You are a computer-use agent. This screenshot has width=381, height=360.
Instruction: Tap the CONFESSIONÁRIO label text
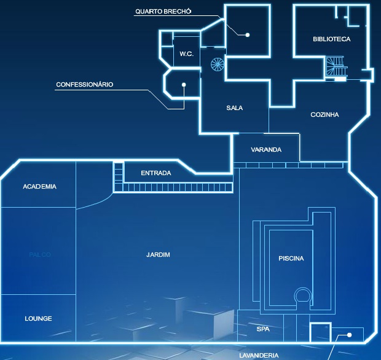point(85,84)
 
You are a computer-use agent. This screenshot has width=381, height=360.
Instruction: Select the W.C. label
point(187,54)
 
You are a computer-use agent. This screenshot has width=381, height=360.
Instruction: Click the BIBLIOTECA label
point(331,39)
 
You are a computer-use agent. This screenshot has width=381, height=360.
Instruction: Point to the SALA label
point(234,108)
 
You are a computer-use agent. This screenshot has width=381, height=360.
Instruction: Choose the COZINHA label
point(324,115)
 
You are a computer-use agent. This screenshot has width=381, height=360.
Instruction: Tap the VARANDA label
point(266,150)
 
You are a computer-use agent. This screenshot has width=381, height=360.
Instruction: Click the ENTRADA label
point(155,173)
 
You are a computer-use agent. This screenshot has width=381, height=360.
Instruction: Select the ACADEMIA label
point(39,186)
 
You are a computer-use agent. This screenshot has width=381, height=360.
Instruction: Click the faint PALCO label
point(39,254)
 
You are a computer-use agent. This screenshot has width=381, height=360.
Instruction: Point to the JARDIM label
point(159,254)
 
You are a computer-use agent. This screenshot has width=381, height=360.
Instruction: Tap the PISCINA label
point(291,258)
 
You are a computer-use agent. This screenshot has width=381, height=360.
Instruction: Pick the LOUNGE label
point(38,318)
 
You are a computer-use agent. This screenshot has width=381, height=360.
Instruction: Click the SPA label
point(263,329)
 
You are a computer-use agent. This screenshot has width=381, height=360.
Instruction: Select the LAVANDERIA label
point(259,355)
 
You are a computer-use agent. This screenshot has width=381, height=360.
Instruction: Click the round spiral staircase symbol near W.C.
point(218,64)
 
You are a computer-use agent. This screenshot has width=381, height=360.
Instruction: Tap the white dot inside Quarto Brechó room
point(248,34)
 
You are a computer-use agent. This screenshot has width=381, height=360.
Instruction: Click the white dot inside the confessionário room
point(183,84)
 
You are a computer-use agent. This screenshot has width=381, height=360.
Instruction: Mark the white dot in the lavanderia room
point(349,335)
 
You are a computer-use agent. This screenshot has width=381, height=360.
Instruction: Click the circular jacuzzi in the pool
point(302,295)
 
